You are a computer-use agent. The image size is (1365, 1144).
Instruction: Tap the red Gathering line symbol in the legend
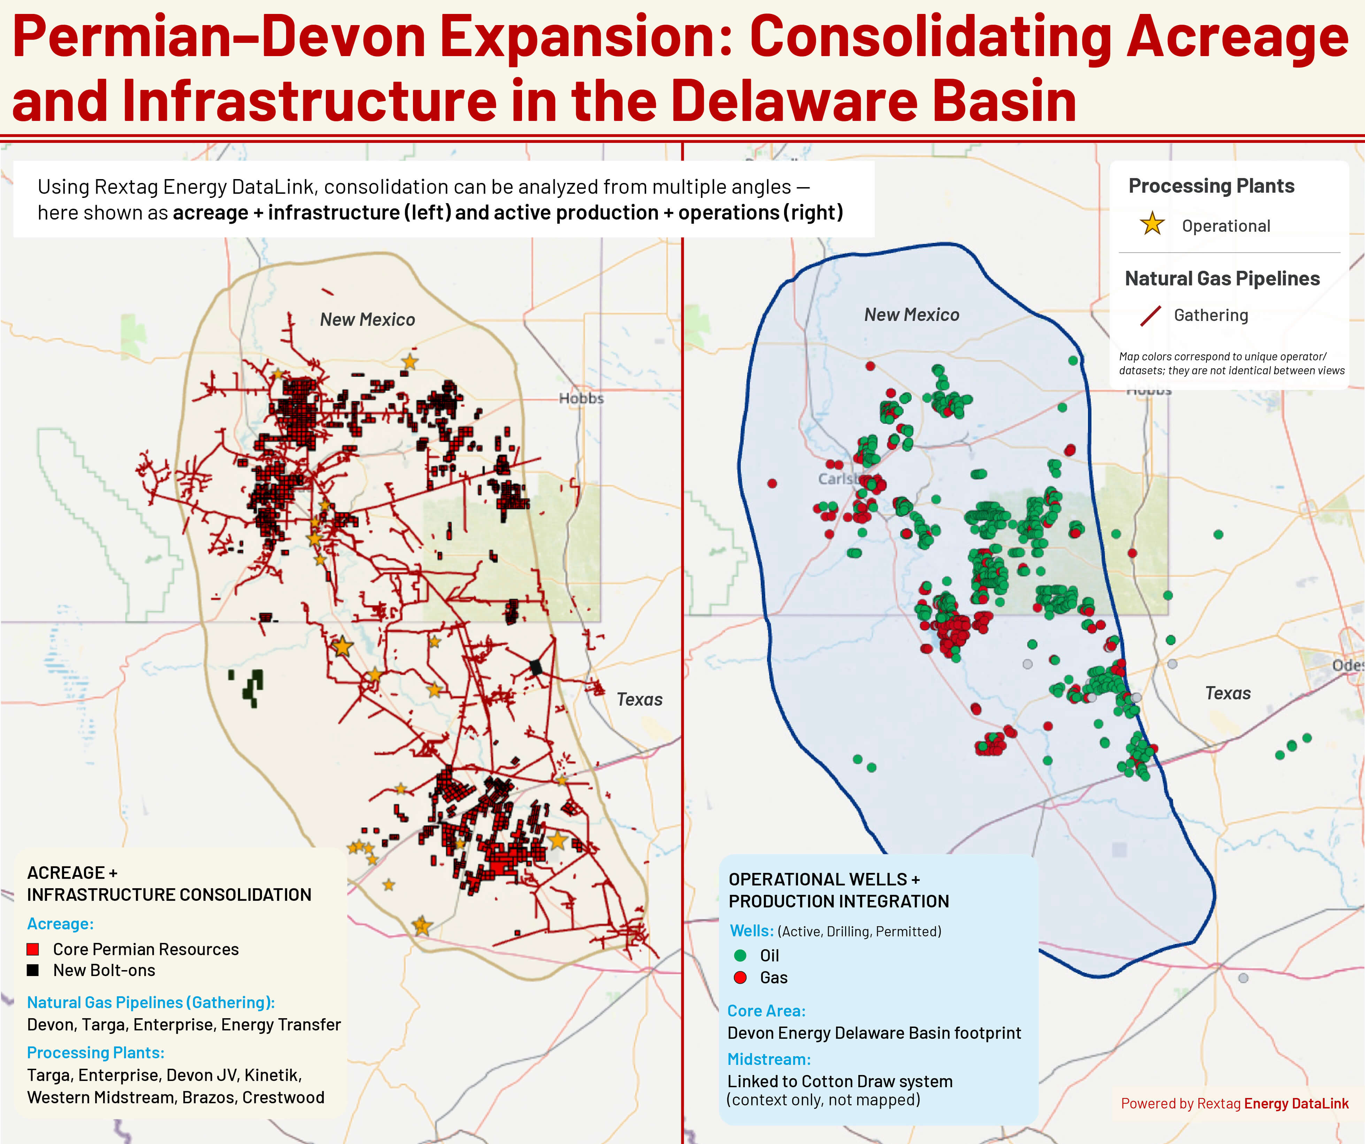pyautogui.click(x=1150, y=316)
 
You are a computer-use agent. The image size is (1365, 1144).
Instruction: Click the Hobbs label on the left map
pyautogui.click(x=581, y=398)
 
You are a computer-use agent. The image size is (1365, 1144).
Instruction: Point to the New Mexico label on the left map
pyautogui.click(x=367, y=320)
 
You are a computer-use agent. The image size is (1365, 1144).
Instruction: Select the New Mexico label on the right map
pyautogui.click(x=911, y=315)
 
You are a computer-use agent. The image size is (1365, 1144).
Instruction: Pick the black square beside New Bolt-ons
pyautogui.click(x=32, y=970)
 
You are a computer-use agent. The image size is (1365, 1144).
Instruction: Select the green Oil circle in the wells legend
pyautogui.click(x=740, y=955)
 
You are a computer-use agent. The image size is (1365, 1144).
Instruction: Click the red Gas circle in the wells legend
pyautogui.click(x=740, y=977)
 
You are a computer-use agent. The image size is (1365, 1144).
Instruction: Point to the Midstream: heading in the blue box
pyautogui.click(x=768, y=1060)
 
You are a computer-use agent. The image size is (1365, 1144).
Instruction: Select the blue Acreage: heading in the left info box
pyautogui.click(x=60, y=924)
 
